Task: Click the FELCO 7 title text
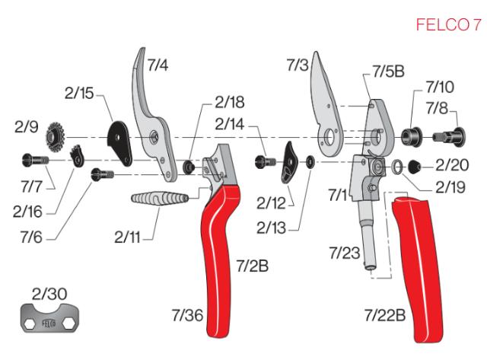(448, 25)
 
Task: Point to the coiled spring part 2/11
(158, 204)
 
